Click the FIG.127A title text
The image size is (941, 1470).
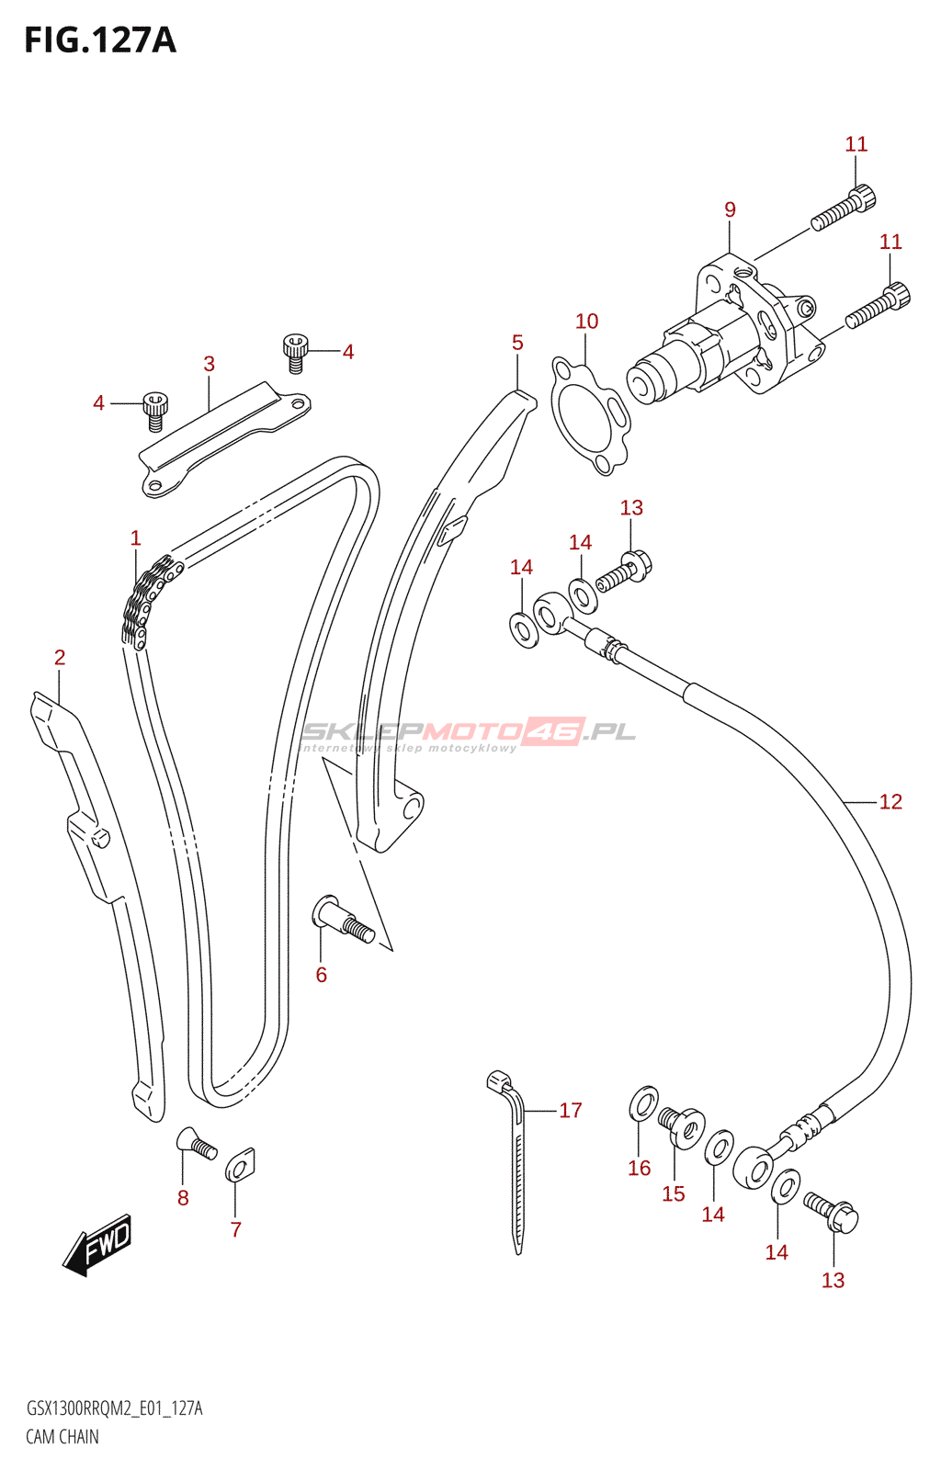(99, 40)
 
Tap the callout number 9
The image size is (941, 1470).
(730, 209)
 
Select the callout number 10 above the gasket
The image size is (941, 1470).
(586, 321)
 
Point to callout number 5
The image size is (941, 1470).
(517, 343)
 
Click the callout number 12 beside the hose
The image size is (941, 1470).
(890, 802)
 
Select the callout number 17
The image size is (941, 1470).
(571, 1110)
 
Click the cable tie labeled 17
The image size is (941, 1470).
(514, 1158)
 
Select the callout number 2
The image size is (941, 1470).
(60, 657)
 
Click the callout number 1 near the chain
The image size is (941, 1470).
(136, 537)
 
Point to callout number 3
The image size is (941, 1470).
(209, 364)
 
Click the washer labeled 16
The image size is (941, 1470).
(643, 1103)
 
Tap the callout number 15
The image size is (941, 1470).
(674, 1193)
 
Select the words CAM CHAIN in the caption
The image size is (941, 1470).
(62, 1437)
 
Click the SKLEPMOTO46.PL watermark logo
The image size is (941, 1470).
(469, 733)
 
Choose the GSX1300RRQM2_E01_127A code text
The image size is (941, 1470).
(114, 1408)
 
